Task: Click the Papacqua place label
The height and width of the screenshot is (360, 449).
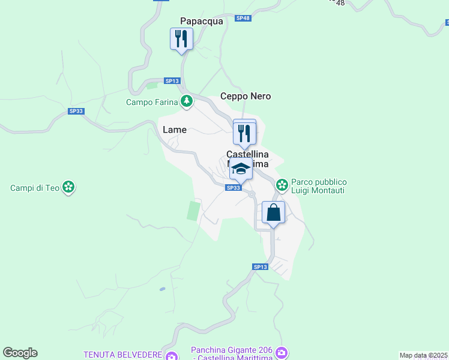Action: pos(201,21)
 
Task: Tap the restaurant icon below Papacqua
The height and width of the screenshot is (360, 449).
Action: pos(181,40)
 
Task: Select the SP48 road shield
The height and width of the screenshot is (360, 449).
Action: pos(243,19)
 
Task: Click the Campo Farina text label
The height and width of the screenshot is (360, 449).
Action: pos(152,102)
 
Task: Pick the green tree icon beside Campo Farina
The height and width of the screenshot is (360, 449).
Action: pos(187,101)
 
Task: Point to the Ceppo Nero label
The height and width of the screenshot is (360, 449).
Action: pos(246,96)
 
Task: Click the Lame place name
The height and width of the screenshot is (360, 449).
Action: pos(175,130)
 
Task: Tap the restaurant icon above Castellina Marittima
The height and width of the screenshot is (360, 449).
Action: pos(244,133)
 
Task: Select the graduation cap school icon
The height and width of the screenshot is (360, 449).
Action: pos(241,169)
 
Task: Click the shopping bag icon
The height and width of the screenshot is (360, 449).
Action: pos(273,212)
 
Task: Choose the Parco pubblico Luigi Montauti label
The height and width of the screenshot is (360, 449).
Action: pos(319,186)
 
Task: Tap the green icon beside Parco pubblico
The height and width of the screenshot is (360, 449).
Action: pos(282,186)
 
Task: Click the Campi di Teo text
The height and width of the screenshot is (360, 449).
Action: pos(35,188)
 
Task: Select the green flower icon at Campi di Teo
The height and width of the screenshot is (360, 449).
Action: pos(69,188)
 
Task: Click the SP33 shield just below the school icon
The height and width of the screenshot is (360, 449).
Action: pos(234,188)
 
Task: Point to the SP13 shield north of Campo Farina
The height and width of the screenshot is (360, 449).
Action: pos(172,81)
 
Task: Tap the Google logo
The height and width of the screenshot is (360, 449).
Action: pos(20,353)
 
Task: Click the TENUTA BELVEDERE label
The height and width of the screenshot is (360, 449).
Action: pos(123,354)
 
